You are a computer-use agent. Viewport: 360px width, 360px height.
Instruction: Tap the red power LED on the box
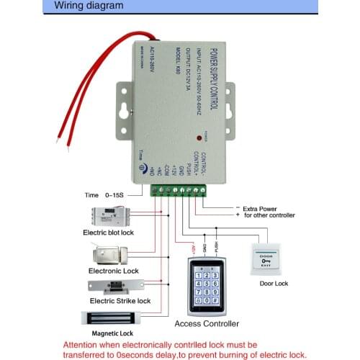(x=198, y=137)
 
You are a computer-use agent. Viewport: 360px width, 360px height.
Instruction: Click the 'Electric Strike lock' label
(x=120, y=300)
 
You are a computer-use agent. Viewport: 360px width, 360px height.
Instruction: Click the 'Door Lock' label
(x=273, y=284)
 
